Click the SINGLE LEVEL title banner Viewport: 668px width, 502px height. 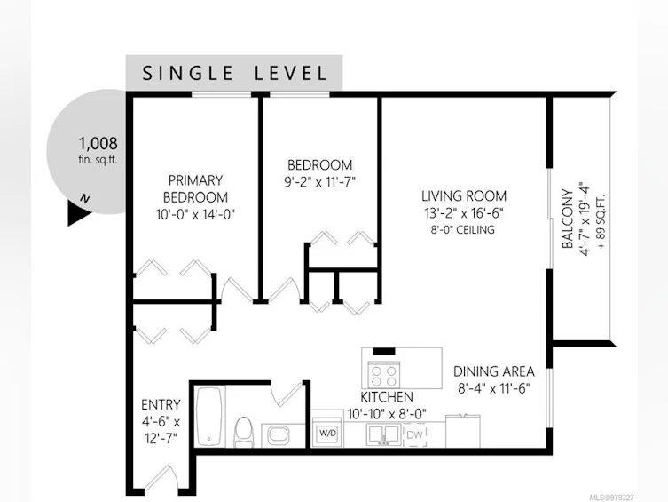click(234, 73)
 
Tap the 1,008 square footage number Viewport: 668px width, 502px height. click(98, 143)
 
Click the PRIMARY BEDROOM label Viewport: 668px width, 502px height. click(195, 188)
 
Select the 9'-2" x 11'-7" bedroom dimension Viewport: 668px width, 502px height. click(320, 182)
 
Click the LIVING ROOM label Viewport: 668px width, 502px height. click(464, 195)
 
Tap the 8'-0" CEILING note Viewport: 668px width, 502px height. click(463, 230)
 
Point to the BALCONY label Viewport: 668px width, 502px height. click(567, 219)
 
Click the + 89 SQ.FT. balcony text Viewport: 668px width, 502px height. click(601, 221)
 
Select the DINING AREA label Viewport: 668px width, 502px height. click(494, 371)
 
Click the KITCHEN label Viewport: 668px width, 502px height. click(387, 397)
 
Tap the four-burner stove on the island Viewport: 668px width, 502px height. click(384, 374)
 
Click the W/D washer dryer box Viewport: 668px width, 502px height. click(327, 433)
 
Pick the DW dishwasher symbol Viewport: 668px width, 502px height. click(414, 435)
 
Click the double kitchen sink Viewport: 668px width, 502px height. click(384, 435)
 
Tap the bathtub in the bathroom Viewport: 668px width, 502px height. click(208, 417)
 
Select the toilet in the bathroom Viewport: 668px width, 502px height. click(244, 432)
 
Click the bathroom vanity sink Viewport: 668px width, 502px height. click(279, 436)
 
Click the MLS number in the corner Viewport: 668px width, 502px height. click(612, 498)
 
